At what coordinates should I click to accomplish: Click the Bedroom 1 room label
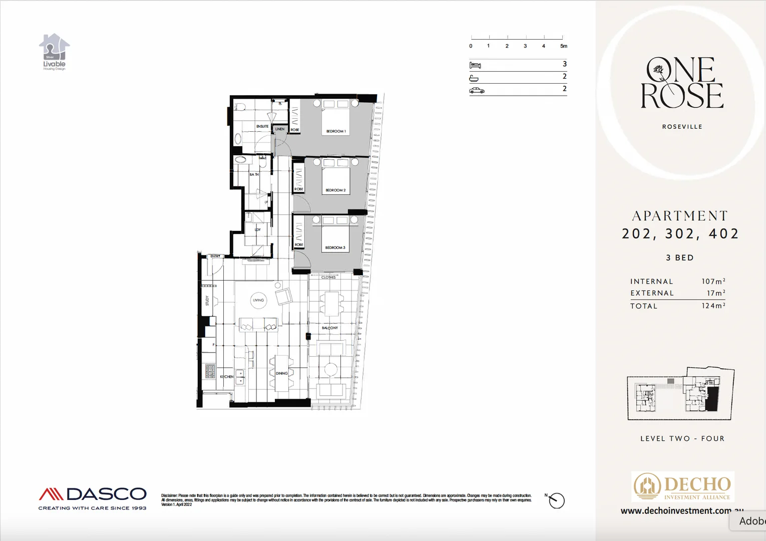(x=336, y=131)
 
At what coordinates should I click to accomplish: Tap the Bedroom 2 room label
(x=335, y=190)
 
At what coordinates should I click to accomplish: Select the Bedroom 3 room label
(x=335, y=247)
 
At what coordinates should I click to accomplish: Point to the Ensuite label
(x=262, y=126)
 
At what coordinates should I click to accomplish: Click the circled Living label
(x=258, y=301)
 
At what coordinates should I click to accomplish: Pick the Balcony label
(x=330, y=328)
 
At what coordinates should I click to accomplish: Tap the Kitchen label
(x=227, y=377)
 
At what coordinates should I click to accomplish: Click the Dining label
(x=282, y=373)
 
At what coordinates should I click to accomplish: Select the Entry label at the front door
(x=215, y=256)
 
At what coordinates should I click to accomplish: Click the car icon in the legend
(x=477, y=90)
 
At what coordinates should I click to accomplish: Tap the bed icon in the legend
(x=475, y=65)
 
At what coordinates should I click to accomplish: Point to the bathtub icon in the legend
(x=474, y=78)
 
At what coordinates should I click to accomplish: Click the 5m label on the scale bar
(x=564, y=46)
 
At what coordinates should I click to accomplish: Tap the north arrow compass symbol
(x=556, y=500)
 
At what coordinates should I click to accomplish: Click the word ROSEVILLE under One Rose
(x=682, y=127)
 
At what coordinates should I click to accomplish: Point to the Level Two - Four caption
(x=682, y=438)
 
